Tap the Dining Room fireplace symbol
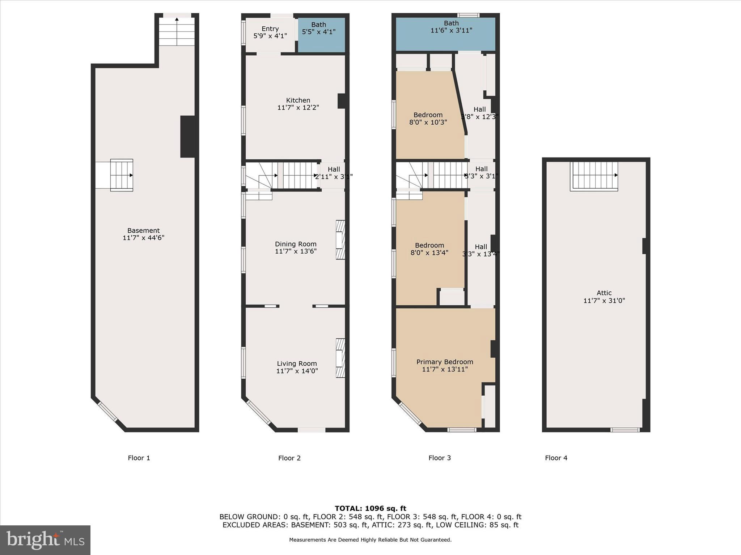pyautogui.click(x=340, y=240)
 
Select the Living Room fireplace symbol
pyautogui.click(x=340, y=358)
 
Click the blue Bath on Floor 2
pyautogui.click(x=321, y=35)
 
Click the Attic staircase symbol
pyautogui.click(x=594, y=176)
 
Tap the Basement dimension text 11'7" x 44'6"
pyautogui.click(x=143, y=238)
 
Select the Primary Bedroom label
pyautogui.click(x=445, y=362)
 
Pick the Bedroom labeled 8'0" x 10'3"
pyautogui.click(x=428, y=119)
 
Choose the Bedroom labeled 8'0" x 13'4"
pyautogui.click(x=429, y=249)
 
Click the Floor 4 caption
pyautogui.click(x=556, y=458)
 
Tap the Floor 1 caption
pyautogui.click(x=139, y=458)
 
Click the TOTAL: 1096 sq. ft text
pyautogui.click(x=370, y=508)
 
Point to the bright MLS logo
pyautogui.click(x=45, y=540)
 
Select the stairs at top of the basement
pyautogui.click(x=177, y=31)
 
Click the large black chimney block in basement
pyautogui.click(x=187, y=136)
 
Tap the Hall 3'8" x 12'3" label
pyautogui.click(x=479, y=113)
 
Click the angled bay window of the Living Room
pyautogui.click(x=258, y=412)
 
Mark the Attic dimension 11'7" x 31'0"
pyautogui.click(x=604, y=300)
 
